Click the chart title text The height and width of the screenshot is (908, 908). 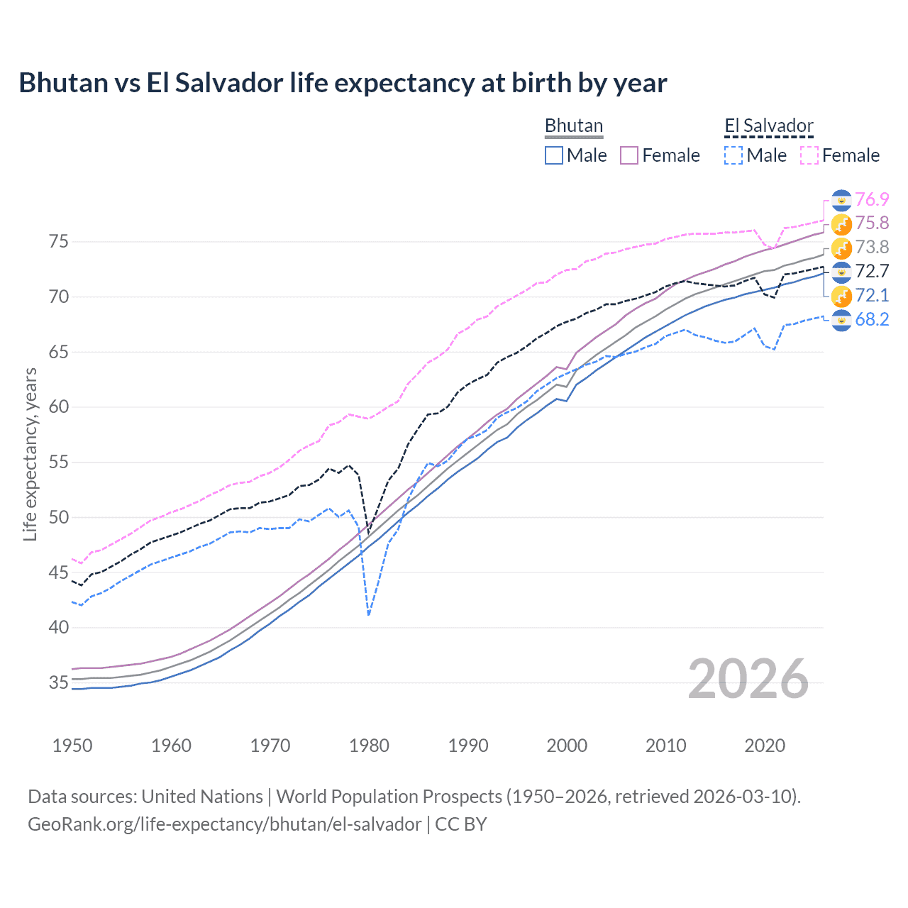tap(343, 83)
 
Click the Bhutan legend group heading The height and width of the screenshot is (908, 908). tap(573, 126)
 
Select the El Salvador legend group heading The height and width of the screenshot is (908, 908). tap(768, 126)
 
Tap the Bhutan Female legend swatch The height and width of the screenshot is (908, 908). tap(629, 155)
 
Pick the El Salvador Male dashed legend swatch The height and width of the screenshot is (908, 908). tap(733, 155)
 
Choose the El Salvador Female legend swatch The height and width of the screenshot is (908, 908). tap(809, 155)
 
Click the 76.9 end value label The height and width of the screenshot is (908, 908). tap(872, 199)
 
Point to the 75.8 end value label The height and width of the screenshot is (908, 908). tap(872, 223)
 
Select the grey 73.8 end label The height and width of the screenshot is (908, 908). tap(872, 248)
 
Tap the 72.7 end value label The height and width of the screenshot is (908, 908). tap(872, 271)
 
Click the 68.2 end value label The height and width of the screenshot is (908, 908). tap(872, 319)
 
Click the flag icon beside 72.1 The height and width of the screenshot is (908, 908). tap(841, 296)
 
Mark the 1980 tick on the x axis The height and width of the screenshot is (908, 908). tap(369, 746)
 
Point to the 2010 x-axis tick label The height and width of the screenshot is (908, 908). tap(665, 746)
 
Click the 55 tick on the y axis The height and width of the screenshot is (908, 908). tap(59, 463)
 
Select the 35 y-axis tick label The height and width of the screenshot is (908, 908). tap(59, 683)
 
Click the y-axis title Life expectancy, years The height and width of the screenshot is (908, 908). tap(30, 454)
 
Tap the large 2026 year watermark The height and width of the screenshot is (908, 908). tap(748, 679)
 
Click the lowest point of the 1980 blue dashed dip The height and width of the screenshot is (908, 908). tap(369, 614)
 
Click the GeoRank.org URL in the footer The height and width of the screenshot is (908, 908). tap(224, 824)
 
